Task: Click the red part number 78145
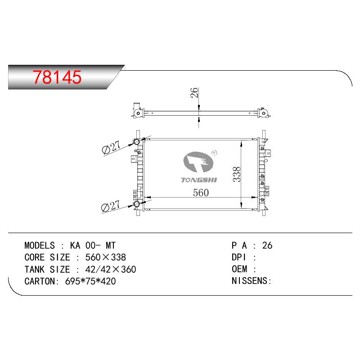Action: click(57, 77)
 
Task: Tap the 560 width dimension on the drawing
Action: click(201, 193)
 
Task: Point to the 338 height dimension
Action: click(237, 175)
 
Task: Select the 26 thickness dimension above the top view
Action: click(194, 93)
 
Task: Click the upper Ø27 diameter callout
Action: click(111, 148)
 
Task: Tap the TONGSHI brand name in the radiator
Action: click(199, 180)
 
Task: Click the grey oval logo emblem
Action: click(198, 162)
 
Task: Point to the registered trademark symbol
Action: click(214, 153)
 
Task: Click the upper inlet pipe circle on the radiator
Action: click(137, 141)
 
